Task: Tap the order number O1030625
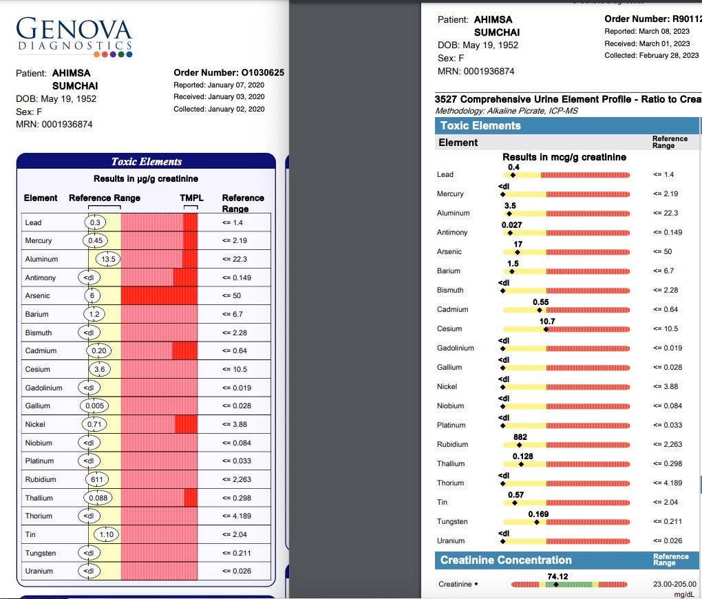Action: click(262, 72)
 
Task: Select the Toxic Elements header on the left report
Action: click(147, 162)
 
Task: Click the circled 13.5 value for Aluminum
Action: click(108, 259)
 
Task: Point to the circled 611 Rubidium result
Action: click(97, 479)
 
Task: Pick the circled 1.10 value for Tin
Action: click(107, 534)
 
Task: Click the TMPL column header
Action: click(191, 198)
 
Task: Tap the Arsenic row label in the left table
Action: click(38, 295)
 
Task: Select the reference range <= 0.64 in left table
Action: click(235, 351)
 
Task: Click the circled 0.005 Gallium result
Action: click(94, 406)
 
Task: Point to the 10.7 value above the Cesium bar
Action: click(547, 322)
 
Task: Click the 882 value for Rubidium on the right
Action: click(520, 437)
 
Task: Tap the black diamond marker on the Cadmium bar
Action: click(540, 310)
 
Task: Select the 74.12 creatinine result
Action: click(557, 576)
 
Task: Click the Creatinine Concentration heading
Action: click(506, 560)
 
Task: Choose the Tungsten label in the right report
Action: click(452, 521)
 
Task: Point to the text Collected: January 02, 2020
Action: click(219, 109)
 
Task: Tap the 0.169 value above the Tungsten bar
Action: click(538, 514)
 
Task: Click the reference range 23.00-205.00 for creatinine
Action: click(674, 585)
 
